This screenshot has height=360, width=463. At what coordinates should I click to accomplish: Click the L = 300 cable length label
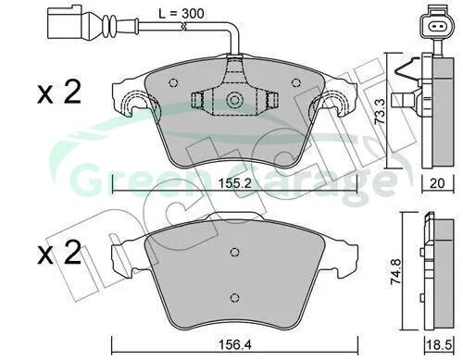[181, 14]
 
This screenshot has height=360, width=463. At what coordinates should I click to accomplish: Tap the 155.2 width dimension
[234, 183]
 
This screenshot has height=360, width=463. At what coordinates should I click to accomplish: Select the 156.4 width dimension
[234, 344]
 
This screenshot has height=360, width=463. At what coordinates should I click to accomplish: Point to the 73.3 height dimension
[380, 111]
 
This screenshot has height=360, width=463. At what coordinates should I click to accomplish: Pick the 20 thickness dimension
[437, 183]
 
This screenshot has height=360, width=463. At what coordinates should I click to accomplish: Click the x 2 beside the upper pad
[59, 92]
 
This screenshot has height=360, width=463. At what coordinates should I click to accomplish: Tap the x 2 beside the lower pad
[59, 253]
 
